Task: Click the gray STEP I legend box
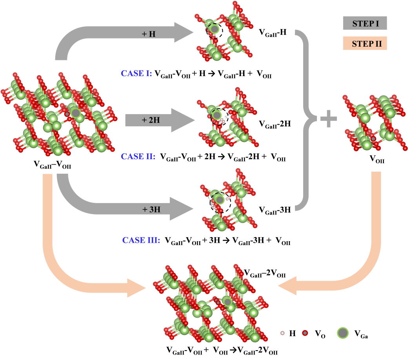(365, 23)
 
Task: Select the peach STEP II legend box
(365, 43)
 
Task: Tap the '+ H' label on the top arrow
(149, 34)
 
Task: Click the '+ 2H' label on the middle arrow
(151, 120)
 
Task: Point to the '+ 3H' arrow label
(151, 209)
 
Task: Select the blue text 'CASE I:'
(136, 73)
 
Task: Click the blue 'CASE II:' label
(138, 156)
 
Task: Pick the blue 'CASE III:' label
(141, 240)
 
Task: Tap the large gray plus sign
(328, 120)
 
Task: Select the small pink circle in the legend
(282, 333)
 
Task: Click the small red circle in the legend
(305, 333)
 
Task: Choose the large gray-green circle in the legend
(343, 333)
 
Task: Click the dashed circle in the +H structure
(214, 29)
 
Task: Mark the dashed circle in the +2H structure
(218, 116)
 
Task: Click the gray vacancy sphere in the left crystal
(76, 113)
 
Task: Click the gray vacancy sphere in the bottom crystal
(227, 302)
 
